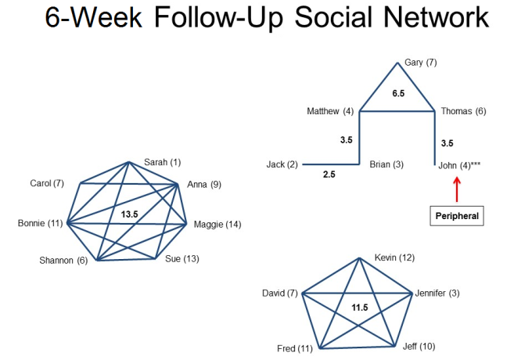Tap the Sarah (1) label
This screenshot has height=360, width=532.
tap(163, 162)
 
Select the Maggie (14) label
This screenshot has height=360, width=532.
tap(217, 225)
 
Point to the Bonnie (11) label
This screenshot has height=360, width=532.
tap(41, 223)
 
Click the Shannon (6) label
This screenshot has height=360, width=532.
tap(63, 261)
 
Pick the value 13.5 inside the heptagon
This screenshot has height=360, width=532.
tap(130, 214)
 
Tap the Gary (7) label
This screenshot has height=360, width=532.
tap(421, 63)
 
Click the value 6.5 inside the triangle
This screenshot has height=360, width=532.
tap(398, 93)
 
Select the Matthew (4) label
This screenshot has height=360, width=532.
tap(330, 111)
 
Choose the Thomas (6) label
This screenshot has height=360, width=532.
tap(463, 111)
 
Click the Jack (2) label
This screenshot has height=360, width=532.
tap(282, 164)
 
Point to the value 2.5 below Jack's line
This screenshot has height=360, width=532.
tap(329, 175)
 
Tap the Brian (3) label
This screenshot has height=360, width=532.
tap(386, 164)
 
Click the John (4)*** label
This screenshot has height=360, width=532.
tap(459, 165)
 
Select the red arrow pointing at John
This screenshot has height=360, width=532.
tap(457, 189)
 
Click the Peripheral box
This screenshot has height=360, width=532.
tap(457, 216)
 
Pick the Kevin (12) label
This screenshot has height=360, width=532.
tap(394, 257)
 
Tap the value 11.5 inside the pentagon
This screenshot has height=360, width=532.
tap(360, 308)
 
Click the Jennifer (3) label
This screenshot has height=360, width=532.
tap(437, 293)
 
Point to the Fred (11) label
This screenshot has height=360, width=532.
tap(295, 348)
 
